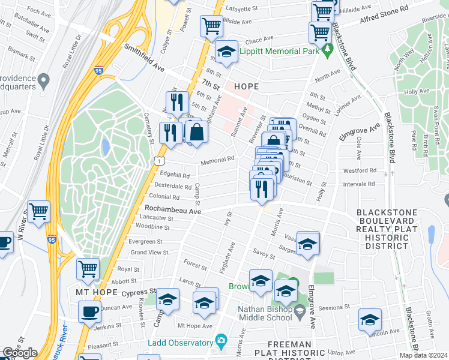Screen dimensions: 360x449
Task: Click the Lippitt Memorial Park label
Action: click(x=279, y=52)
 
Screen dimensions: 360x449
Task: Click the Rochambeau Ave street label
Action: click(x=172, y=209)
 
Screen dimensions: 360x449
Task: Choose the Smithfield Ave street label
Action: click(x=145, y=58)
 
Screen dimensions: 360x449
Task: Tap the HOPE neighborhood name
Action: click(x=246, y=86)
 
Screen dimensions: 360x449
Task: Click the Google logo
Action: click(x=20, y=352)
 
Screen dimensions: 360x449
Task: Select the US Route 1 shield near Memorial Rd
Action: click(x=157, y=161)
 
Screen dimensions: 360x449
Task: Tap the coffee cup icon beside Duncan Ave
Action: click(x=90, y=311)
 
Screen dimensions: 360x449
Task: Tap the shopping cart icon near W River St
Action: click(x=38, y=211)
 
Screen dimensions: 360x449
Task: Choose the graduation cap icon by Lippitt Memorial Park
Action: click(x=226, y=52)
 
